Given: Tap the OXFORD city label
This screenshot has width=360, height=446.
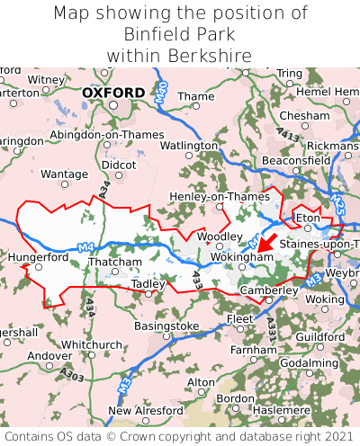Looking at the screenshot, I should click(112, 93).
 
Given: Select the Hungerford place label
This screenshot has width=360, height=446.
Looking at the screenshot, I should click(38, 256).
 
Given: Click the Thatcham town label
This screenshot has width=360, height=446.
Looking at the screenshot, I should click(115, 263).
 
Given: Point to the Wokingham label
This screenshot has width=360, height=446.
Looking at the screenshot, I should click(241, 256).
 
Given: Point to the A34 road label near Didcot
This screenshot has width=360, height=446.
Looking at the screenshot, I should click(105, 189).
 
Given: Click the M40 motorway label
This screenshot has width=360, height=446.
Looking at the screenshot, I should click(161, 91).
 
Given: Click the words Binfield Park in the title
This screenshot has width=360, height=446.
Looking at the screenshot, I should click(180, 34).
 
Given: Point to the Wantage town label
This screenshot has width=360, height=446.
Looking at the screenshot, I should click(65, 174).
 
